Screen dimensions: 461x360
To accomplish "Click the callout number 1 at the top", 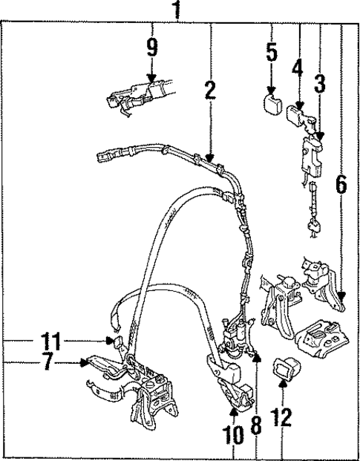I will click(177, 10).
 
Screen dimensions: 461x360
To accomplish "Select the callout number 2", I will click(210, 91).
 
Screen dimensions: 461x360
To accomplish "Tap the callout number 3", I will click(320, 84).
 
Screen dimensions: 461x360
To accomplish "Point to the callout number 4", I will click(298, 69).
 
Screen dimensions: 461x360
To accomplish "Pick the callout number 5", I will click(272, 53).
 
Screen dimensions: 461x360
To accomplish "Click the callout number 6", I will click(341, 185).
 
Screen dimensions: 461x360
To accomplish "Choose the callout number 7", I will click(48, 362).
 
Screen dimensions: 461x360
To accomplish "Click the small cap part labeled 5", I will click(272, 101).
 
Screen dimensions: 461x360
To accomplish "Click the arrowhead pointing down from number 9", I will click(151, 78).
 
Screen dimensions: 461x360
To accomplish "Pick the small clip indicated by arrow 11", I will click(114, 341).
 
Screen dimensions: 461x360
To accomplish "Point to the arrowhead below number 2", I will click(211, 157).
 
